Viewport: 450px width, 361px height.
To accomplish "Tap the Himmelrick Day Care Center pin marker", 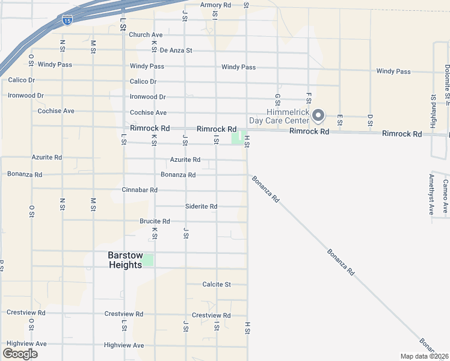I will pos(319,114).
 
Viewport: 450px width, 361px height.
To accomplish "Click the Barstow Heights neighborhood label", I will pos(125,260).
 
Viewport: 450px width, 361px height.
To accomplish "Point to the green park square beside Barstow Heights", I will pos(148,260).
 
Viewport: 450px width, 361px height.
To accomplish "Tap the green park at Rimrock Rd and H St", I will pos(238,138).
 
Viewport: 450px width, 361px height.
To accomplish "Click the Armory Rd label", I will pos(216,5).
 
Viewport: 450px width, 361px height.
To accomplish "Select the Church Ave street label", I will pos(146,35).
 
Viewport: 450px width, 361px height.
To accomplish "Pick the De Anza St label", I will pos(173,51).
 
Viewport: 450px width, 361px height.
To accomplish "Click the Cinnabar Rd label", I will pos(140,190).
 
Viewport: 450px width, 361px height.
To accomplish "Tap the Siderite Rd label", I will pos(201,206).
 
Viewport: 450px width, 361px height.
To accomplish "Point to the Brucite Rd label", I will pos(155,221).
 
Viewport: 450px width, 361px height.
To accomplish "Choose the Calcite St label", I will pos(217,285).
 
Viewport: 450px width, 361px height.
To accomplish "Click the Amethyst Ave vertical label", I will pos(431,195).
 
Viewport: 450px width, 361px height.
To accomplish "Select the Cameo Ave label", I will pos(445,196).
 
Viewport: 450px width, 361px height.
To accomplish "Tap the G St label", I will pos(277,99).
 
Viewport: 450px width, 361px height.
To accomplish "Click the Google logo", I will pos(20,354).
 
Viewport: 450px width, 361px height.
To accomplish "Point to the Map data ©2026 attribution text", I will pos(425,356).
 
